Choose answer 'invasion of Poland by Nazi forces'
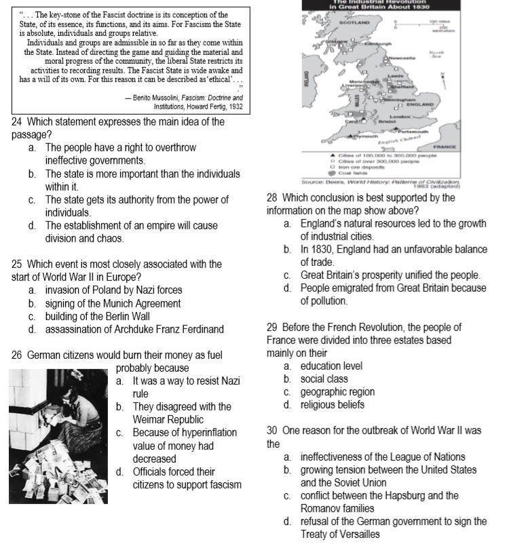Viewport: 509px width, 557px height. (113, 290)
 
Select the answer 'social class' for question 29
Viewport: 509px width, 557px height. (324, 379)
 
